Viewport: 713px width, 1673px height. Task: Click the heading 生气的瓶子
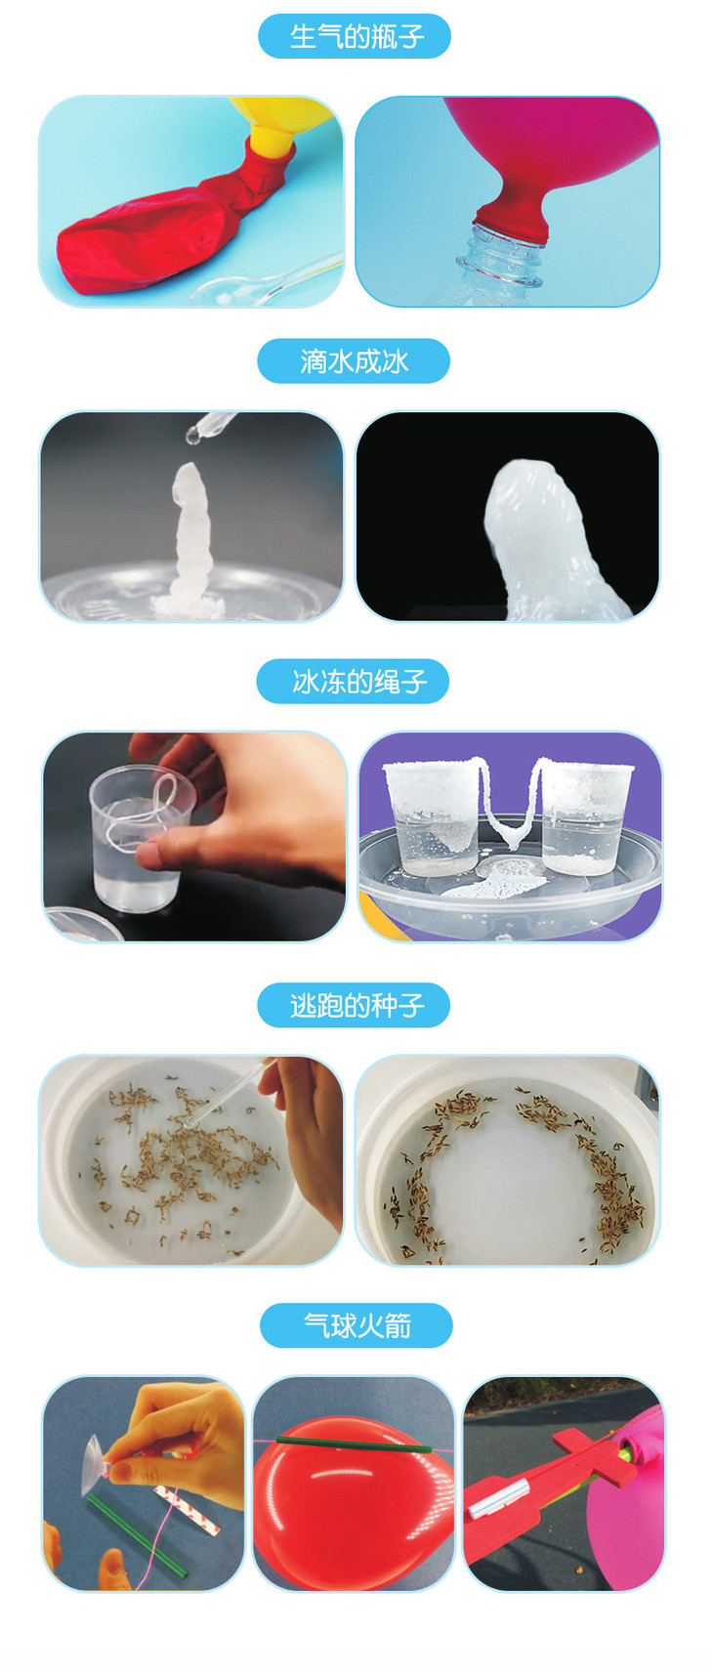[x=356, y=36]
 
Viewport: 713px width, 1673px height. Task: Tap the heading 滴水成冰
[x=354, y=361]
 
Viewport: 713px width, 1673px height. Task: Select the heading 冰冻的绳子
[x=358, y=682]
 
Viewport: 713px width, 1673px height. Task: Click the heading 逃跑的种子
[x=356, y=1005]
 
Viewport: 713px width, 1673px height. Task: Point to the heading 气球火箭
[x=356, y=1325]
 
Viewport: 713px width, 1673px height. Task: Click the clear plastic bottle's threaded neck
[x=502, y=258]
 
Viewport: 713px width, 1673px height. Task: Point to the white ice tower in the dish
[x=189, y=538]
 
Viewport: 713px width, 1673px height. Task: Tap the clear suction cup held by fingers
[x=98, y=1459]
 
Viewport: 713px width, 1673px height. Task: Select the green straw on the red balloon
[x=354, y=1444]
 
